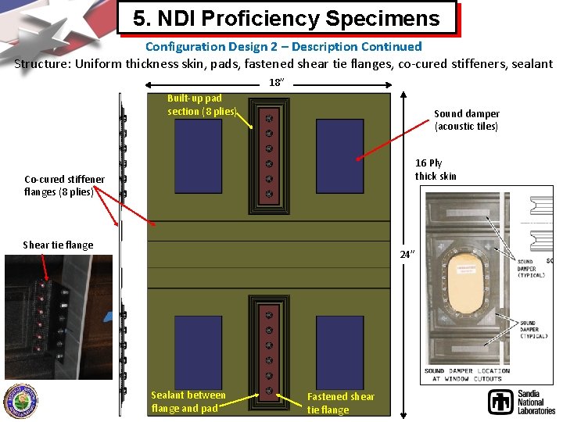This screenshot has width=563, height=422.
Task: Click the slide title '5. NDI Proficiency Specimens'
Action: [286, 17]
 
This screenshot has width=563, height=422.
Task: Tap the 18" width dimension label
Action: [275, 82]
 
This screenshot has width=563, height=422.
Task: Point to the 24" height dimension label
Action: [407, 253]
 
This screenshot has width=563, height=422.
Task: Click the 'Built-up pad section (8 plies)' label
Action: [200, 105]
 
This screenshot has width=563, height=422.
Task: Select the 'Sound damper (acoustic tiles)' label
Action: [467, 120]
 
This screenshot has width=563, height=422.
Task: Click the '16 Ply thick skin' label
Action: [436, 170]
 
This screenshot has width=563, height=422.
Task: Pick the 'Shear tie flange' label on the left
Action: [58, 245]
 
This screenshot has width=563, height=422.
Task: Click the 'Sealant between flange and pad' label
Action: [188, 402]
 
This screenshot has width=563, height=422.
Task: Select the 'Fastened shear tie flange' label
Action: [340, 403]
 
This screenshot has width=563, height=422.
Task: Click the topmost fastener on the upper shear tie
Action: [269, 119]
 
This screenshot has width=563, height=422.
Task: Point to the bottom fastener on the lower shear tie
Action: [269, 390]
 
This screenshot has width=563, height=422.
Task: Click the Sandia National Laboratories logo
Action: [521, 402]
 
